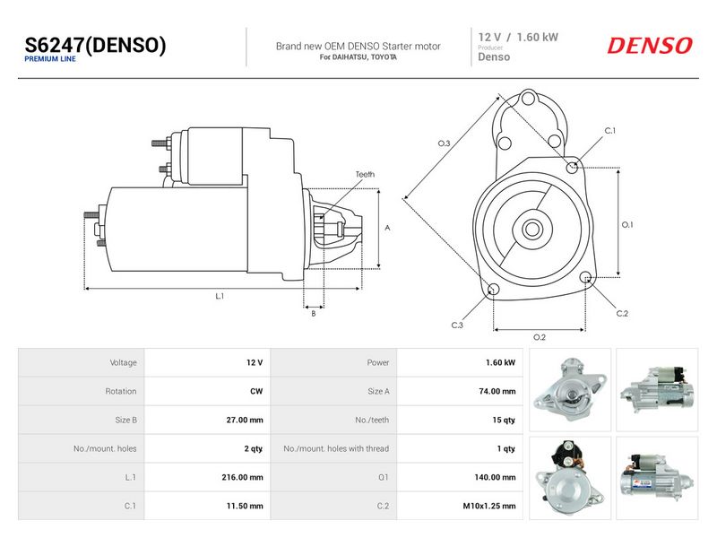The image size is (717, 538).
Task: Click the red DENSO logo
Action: [649, 46]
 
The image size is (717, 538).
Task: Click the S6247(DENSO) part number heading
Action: [95, 45]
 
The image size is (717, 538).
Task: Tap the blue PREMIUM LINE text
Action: [50, 59]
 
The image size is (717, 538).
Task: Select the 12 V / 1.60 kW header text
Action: [518, 37]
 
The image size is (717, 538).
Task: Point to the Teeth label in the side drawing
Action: [365, 174]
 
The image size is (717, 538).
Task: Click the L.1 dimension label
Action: [220, 296]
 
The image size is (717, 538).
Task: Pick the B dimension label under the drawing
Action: [313, 313]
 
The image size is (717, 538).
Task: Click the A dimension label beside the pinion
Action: [387, 228]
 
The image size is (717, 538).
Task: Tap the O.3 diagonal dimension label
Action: [444, 143]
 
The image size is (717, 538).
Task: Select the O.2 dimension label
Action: [540, 337]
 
